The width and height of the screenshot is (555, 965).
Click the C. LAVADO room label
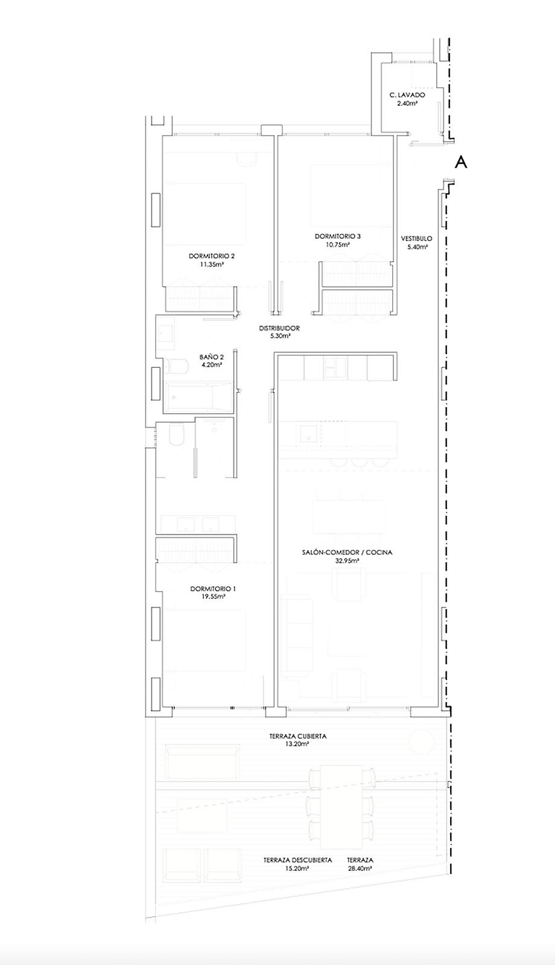407,95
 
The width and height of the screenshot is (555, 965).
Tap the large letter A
461,162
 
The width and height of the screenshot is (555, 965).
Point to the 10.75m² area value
337,244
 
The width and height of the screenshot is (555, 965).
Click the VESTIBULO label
416,239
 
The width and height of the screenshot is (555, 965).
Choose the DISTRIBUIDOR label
279,328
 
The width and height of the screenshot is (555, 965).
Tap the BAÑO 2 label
211,357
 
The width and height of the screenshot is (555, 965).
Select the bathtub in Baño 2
198,396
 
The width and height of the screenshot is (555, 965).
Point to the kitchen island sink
308,433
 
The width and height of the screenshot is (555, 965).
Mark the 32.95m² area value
347,561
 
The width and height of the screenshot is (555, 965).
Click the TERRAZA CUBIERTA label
298,736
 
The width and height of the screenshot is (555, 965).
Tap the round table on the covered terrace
421,742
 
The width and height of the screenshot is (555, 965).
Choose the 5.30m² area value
279,337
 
